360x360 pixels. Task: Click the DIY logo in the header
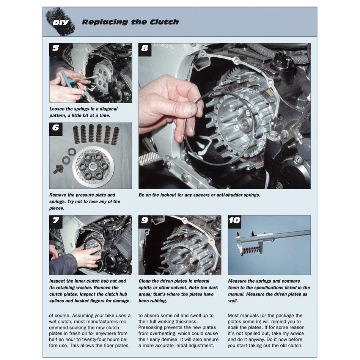point(60,22)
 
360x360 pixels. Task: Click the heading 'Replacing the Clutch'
point(130,22)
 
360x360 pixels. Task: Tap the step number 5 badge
point(56,48)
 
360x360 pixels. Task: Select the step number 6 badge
point(56,128)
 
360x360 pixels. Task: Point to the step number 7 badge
point(56,220)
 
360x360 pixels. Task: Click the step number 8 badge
point(145,48)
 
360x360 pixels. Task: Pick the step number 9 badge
point(145,220)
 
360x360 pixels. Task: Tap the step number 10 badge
point(234,220)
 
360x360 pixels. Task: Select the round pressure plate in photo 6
point(93,167)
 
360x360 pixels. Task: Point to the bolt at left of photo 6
point(58,169)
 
